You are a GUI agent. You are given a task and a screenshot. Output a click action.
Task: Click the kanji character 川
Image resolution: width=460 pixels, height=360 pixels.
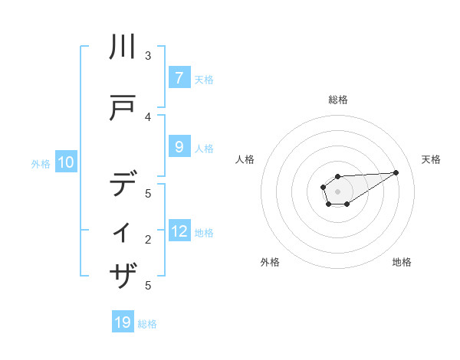point(123,47)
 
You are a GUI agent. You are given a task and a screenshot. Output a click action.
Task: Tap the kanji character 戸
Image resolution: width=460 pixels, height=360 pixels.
point(123,110)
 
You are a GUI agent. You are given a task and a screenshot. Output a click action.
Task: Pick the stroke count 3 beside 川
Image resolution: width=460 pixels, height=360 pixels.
point(148,55)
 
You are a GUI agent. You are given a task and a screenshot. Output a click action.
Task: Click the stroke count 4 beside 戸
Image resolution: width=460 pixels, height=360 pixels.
point(148,116)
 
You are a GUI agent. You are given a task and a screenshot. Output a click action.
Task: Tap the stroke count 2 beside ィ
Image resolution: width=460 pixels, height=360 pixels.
point(148,240)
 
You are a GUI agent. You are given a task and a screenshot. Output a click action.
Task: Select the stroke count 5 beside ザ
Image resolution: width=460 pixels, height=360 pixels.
point(148,285)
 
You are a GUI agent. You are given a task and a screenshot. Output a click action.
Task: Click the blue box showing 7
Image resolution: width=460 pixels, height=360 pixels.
point(179,78)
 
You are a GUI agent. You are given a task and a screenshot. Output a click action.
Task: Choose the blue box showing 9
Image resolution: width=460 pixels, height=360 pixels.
point(179,147)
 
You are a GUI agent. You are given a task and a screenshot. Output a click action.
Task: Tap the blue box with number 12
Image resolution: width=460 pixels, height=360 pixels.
point(179,231)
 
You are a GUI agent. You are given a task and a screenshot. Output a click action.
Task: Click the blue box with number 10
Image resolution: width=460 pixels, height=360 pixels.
point(66,162)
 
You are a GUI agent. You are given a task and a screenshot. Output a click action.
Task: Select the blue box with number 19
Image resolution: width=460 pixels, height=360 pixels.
point(123,322)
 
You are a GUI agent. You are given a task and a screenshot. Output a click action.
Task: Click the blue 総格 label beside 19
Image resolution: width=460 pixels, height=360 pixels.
point(147,323)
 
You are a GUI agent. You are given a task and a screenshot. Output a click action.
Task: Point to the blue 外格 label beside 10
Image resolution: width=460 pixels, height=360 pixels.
point(41,163)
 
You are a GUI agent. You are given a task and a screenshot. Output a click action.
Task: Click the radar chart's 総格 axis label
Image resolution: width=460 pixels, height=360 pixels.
point(337,100)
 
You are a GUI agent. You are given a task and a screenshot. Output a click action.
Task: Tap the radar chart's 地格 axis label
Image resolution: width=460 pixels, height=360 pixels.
point(402,263)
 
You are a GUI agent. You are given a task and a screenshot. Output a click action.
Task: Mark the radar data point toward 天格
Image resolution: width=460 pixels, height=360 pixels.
point(396,172)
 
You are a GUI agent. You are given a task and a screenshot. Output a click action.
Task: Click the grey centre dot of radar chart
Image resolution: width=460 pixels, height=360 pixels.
point(337,191)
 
